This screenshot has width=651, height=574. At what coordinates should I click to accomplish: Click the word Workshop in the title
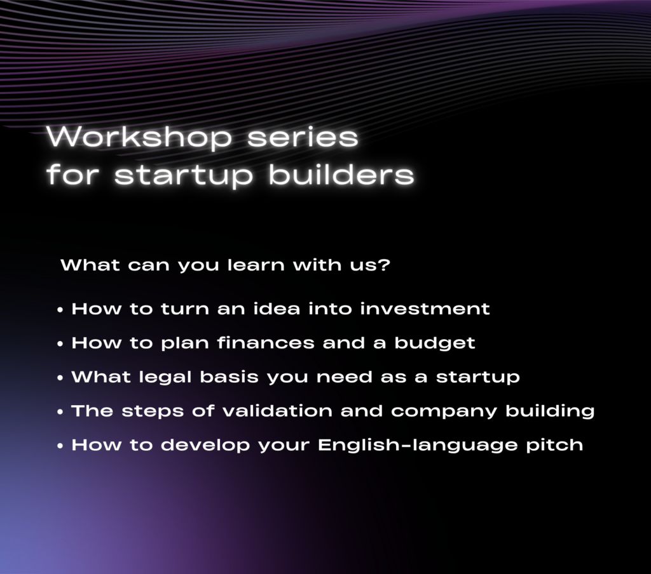tap(139, 137)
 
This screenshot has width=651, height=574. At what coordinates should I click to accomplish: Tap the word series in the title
tap(303, 137)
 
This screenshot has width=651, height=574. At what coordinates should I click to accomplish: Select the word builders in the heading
tap(341, 173)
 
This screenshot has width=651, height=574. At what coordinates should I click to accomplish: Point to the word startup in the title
tap(184, 176)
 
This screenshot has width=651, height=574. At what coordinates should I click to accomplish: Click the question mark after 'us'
tap(385, 264)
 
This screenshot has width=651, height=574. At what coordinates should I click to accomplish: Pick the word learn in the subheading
tap(256, 264)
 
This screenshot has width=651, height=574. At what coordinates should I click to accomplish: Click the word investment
tap(425, 309)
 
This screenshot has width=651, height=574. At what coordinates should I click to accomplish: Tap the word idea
tap(277, 309)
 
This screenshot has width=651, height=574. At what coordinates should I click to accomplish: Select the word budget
tap(435, 344)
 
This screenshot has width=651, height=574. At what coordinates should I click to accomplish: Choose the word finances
tap(266, 343)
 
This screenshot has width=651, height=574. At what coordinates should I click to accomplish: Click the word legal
tap(165, 377)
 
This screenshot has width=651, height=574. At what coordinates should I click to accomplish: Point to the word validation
tap(277, 411)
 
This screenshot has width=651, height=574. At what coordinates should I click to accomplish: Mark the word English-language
tap(418, 446)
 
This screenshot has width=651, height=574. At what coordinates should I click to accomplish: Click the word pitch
tap(554, 446)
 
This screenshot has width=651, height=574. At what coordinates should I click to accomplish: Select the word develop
tap(205, 446)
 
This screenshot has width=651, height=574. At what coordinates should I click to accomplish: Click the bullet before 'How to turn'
tap(60, 310)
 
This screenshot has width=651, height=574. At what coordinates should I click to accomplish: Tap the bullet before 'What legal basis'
tap(60, 378)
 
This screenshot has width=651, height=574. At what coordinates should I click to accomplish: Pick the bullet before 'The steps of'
tap(60, 412)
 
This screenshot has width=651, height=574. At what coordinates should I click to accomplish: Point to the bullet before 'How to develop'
tap(60, 446)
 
